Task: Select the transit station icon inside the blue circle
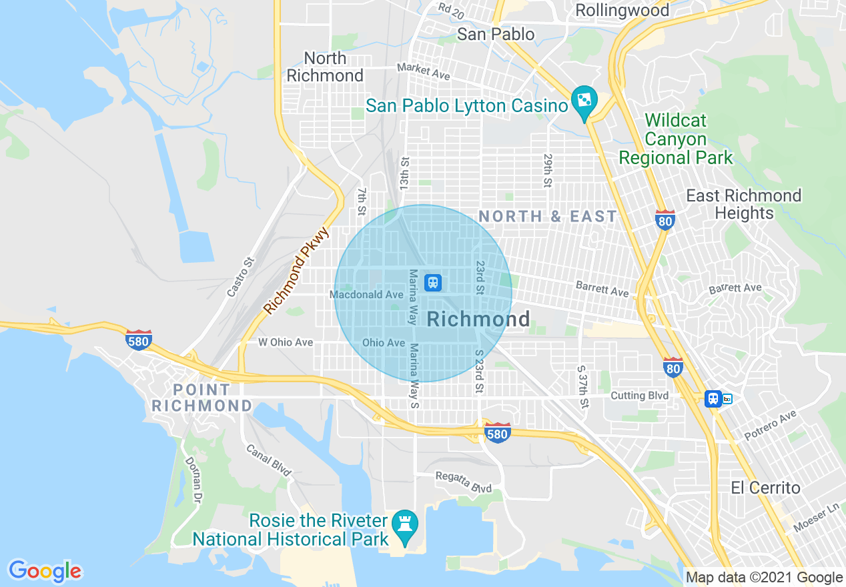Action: point(434,283)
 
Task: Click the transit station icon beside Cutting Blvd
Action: point(714,398)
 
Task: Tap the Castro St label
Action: point(241,277)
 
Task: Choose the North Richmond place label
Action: point(325,67)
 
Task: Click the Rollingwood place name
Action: point(622,10)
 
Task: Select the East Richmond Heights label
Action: point(744,204)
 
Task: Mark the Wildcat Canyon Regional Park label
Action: point(675,139)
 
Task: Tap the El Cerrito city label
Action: point(765,488)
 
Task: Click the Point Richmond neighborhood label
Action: point(202,398)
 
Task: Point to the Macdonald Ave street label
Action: point(366,294)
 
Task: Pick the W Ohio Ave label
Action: point(286,342)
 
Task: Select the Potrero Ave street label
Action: point(771,425)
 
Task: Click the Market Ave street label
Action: point(423,71)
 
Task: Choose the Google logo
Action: point(45,571)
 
